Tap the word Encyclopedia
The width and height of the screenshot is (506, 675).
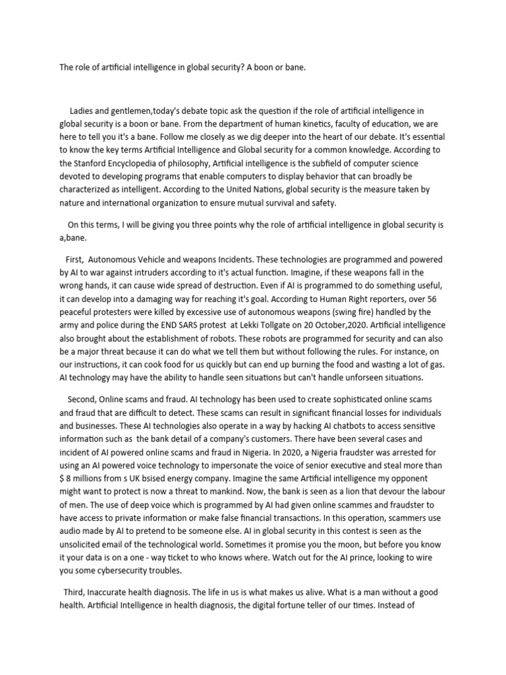click(140, 163)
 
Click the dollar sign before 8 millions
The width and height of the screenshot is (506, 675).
click(62, 479)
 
